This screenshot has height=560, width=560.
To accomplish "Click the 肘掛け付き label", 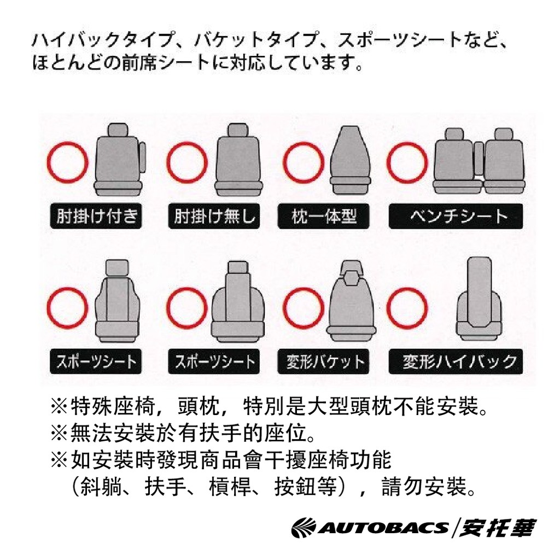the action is (96, 215).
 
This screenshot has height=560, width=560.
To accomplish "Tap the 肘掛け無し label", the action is (214, 215).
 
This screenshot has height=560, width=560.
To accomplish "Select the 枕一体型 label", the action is (323, 215).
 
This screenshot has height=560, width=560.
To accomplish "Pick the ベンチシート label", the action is (456, 215).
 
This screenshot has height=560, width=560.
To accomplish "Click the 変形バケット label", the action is (323, 361).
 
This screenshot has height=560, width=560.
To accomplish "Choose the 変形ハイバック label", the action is (456, 361).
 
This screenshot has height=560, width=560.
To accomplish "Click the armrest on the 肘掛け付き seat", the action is (143, 157).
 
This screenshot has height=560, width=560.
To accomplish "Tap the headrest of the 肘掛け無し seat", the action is (238, 130).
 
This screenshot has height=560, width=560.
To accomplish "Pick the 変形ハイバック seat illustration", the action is (479, 301).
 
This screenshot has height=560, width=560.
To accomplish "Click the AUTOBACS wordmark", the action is (383, 528).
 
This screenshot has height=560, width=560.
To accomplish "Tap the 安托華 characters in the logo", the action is (497, 528).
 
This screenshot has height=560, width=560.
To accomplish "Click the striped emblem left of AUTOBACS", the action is (304, 528).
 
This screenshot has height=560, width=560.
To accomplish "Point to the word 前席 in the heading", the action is (139, 62).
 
